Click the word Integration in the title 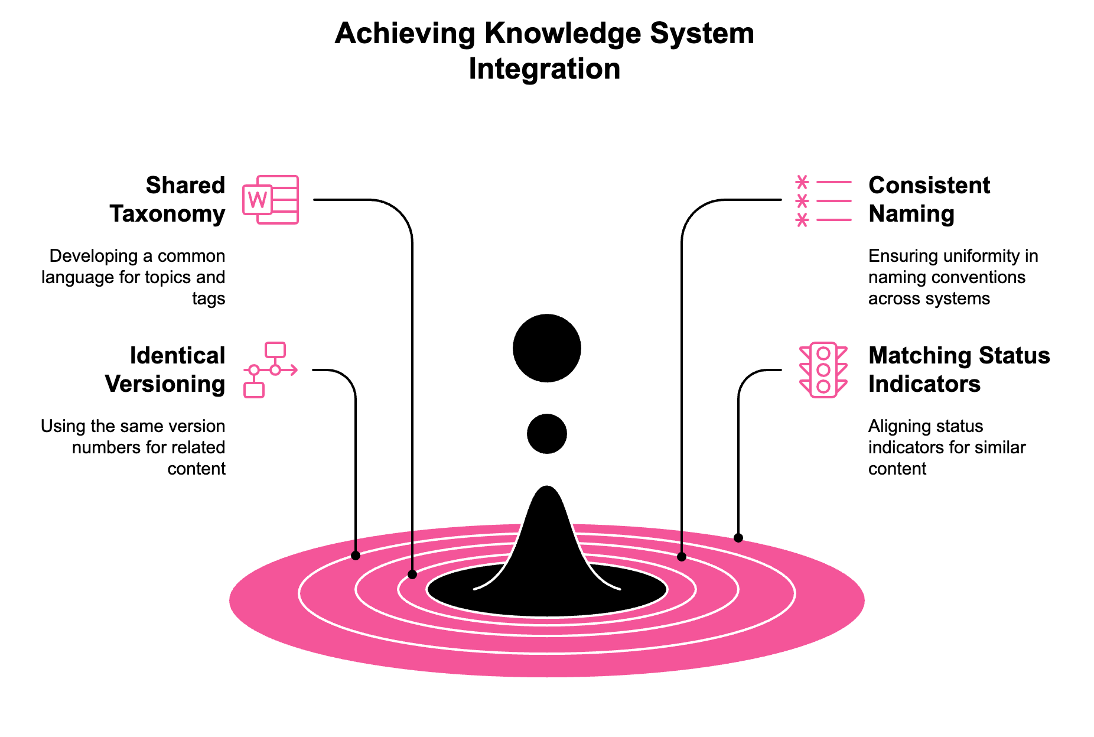coord(544,69)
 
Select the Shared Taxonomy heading coord(167,199)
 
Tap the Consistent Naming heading coord(929,199)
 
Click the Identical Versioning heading coord(165,369)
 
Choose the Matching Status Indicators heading coord(959,369)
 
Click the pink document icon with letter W coord(271,200)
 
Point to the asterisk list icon coord(823,201)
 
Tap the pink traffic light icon coord(823,370)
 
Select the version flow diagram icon coord(271,369)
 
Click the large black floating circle coord(547,348)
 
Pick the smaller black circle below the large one coord(547,434)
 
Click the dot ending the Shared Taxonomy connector coord(412,574)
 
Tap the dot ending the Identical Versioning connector coord(356,556)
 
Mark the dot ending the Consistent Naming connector coord(682,557)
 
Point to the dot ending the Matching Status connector coord(738,538)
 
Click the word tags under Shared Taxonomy coord(209,299)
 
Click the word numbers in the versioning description coord(98,447)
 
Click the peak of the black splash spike coord(547,491)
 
